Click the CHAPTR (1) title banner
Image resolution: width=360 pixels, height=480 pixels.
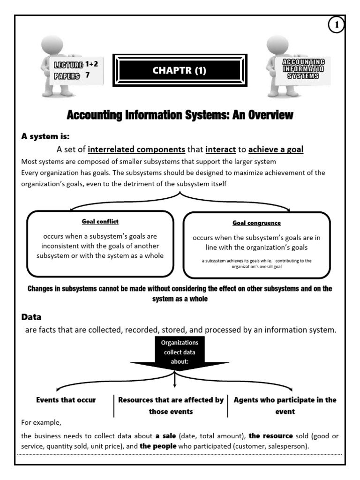pos(179,71)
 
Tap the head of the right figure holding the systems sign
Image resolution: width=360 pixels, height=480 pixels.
pos(277,44)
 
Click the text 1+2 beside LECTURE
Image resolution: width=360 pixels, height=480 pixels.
pos(92,65)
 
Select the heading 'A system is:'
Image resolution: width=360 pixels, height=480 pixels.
pos(45,137)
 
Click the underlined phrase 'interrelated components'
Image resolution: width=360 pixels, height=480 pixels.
pos(136,150)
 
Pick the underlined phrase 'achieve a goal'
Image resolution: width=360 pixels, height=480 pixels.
pos(276,150)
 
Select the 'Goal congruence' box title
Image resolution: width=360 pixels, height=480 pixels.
pos(256,223)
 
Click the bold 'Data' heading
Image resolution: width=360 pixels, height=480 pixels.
pos(31,317)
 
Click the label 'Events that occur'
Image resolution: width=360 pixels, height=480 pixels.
pos(66,400)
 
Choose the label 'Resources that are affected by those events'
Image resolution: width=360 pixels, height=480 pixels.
pos(171,405)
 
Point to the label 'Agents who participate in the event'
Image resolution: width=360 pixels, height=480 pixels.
pos(285,405)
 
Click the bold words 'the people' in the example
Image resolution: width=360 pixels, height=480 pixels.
pos(158,446)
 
